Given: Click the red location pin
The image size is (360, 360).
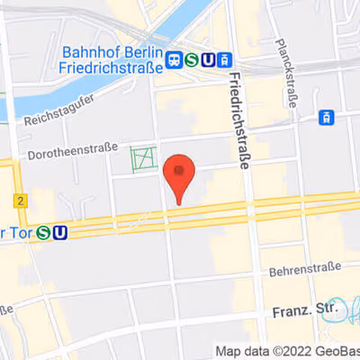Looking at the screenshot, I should (180, 173).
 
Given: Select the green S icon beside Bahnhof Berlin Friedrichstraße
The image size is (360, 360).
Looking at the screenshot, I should (192, 60).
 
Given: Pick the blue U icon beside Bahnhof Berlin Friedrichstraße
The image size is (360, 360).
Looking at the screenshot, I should (209, 60).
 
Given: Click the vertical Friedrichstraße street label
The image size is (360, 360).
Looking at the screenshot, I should (239, 121).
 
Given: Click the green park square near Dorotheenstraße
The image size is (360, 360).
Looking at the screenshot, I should (142, 159).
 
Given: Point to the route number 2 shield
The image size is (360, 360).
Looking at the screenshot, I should (19, 199).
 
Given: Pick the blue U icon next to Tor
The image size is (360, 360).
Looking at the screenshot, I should (60, 233).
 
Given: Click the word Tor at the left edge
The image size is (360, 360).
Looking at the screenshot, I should (16, 233).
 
